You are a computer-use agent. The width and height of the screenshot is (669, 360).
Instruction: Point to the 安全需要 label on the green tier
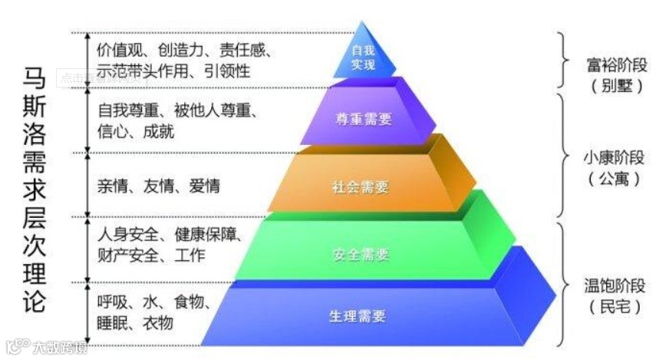point(361,253)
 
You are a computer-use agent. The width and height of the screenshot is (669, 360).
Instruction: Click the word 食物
point(194,302)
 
